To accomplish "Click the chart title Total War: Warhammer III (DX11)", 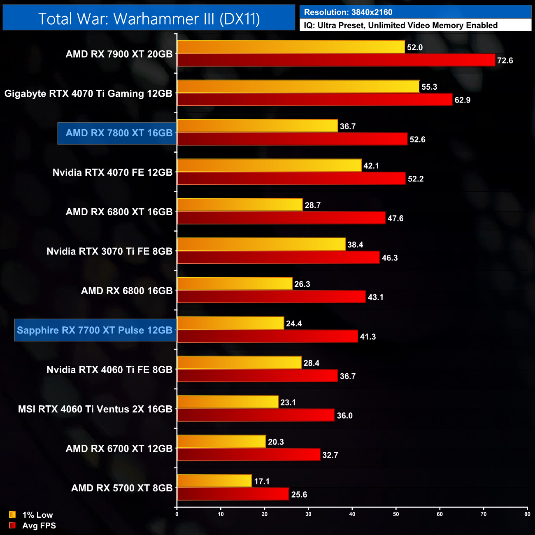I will [x=149, y=19].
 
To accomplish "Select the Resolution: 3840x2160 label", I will [x=348, y=12].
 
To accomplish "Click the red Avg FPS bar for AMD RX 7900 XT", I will [x=336, y=60].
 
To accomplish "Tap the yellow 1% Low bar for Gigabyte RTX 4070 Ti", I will [x=298, y=86].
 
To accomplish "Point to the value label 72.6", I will [x=505, y=60].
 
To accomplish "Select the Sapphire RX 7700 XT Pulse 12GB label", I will [x=95, y=330].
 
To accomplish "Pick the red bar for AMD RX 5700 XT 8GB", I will [x=233, y=494].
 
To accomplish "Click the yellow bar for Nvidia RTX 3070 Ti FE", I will [x=261, y=244].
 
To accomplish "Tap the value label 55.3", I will [x=429, y=87].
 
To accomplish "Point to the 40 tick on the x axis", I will [x=352, y=514].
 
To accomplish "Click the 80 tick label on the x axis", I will [x=527, y=514].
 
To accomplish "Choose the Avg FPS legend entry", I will [x=33, y=526].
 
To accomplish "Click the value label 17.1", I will [x=262, y=481].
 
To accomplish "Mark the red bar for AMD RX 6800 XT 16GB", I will [x=281, y=218].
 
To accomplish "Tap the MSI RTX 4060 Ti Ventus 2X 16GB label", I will [x=95, y=409].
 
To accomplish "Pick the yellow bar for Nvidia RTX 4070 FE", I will [x=270, y=165].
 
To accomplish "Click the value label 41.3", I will [x=368, y=337].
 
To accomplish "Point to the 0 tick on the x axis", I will [x=177, y=514].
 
